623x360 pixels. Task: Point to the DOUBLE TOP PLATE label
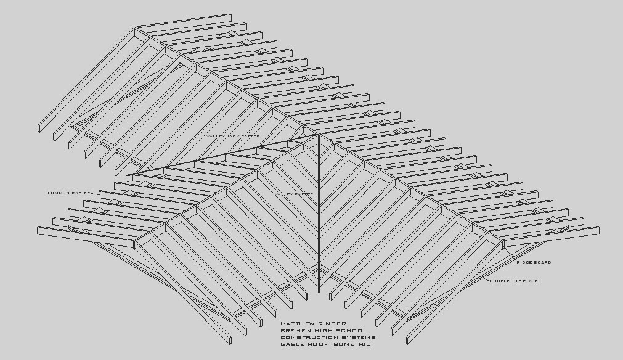(513, 281)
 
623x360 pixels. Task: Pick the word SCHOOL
(352, 330)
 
